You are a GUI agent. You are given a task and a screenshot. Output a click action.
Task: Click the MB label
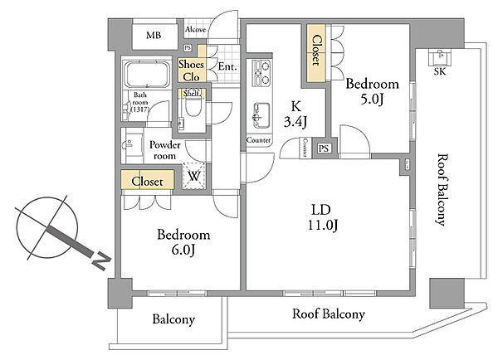click(x=154, y=35)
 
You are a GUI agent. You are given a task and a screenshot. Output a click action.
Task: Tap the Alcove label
click(x=196, y=30)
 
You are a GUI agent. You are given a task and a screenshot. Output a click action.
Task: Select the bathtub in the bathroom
click(x=147, y=75)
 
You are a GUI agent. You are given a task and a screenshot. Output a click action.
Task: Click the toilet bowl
click(x=193, y=106)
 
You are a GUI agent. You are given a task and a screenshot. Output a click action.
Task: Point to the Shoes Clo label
click(x=191, y=71)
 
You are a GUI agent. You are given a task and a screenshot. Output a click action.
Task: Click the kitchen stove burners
click(x=261, y=73)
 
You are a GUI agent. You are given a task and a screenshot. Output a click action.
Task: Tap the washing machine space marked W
click(x=193, y=176)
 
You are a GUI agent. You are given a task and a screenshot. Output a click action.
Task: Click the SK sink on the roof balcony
click(x=440, y=57)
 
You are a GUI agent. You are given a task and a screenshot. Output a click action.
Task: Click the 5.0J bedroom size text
click(x=372, y=100)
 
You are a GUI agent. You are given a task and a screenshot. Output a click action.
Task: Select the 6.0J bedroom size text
click(x=183, y=251)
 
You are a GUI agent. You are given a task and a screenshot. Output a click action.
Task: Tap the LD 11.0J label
click(x=322, y=217)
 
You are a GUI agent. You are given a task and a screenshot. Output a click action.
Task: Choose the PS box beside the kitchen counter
click(x=324, y=148)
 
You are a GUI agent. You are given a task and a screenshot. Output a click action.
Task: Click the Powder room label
click(x=165, y=150)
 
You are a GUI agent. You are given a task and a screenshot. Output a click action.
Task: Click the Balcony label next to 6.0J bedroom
click(x=173, y=319)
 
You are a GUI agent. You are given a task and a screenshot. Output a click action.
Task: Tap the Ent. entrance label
click(x=227, y=66)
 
